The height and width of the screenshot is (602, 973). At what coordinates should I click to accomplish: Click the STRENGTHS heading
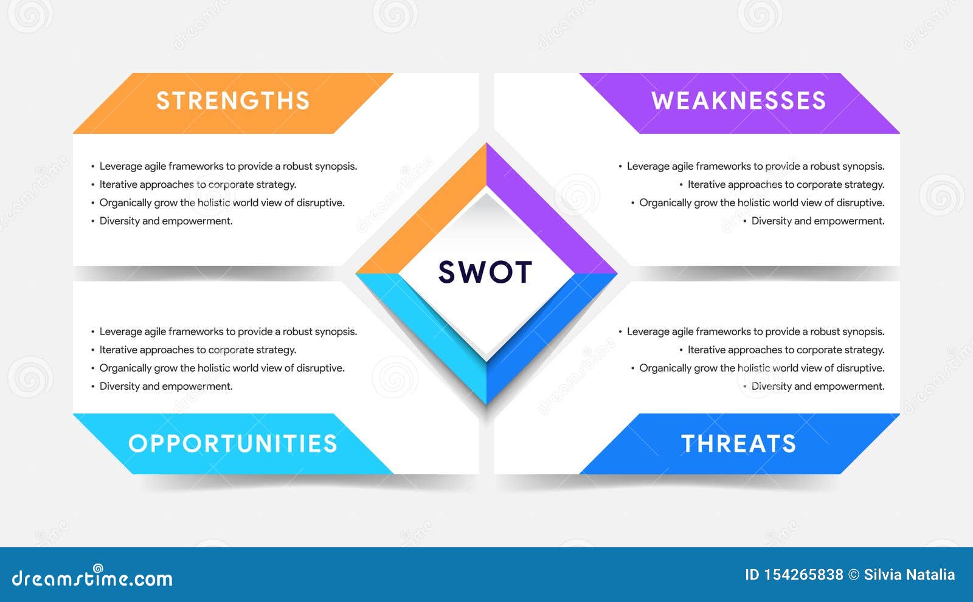tap(233, 101)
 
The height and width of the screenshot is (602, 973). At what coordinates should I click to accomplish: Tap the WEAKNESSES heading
tap(738, 101)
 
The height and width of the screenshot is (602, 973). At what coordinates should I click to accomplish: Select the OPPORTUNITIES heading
tap(233, 444)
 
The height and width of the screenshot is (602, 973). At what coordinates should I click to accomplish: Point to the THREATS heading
tap(738, 444)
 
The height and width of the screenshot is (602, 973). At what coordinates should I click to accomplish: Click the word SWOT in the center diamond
tap(485, 272)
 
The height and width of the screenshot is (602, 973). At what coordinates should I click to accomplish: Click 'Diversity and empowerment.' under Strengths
tap(166, 221)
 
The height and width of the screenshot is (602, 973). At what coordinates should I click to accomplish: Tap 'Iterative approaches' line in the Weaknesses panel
tap(786, 185)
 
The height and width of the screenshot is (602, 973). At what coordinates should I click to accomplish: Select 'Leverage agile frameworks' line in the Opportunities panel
tap(228, 332)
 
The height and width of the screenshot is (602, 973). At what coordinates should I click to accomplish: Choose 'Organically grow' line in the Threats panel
tap(761, 368)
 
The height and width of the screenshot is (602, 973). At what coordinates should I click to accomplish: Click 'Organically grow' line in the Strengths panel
tap(222, 203)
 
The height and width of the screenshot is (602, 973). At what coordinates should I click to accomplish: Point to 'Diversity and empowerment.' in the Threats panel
tap(817, 387)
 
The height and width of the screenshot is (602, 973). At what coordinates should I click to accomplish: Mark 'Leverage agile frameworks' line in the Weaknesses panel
tap(755, 167)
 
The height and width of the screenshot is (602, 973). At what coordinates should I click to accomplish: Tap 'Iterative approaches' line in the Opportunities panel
tap(198, 350)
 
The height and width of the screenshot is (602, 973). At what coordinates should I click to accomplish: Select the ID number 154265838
tap(803, 575)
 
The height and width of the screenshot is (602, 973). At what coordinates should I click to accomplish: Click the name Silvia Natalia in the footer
tap(909, 575)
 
